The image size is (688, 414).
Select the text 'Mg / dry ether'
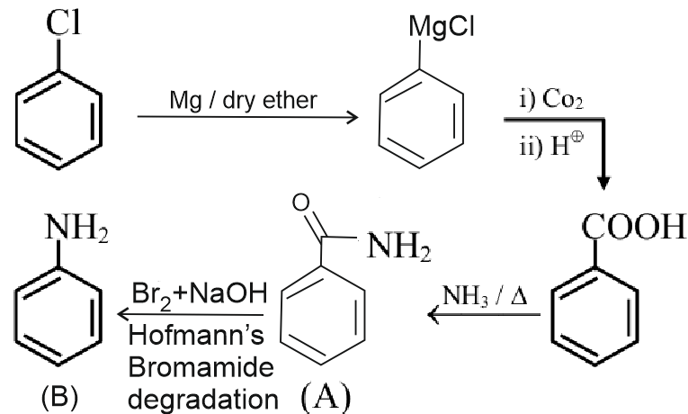(x=243, y=100)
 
